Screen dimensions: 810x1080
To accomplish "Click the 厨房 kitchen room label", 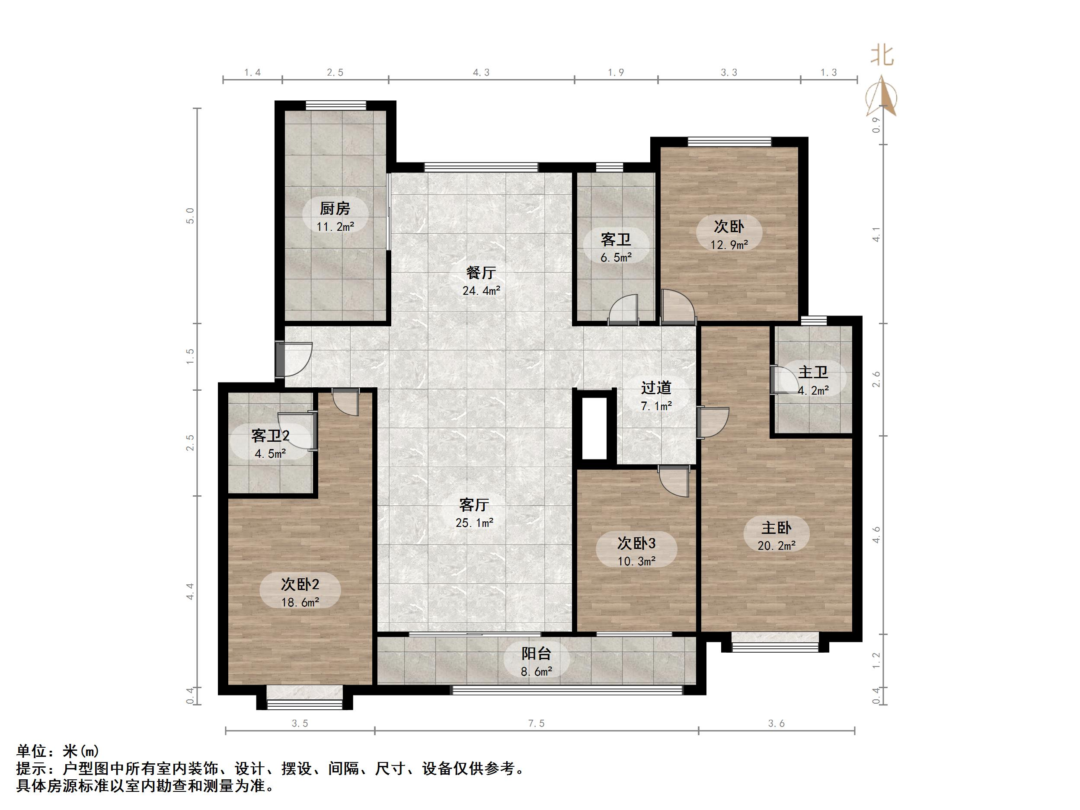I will (335, 208).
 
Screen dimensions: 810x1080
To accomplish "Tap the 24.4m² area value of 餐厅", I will (481, 291).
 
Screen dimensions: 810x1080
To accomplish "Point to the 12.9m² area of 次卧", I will (729, 245).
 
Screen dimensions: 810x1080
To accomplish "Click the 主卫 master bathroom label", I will (813, 373).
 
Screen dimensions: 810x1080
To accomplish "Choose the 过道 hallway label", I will (656, 388).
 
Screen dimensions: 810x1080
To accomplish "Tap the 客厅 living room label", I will (474, 504).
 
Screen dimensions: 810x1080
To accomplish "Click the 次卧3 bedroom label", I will (636, 543).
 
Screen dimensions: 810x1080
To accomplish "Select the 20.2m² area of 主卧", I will (776, 546).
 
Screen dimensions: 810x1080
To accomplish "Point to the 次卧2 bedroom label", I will (300, 584).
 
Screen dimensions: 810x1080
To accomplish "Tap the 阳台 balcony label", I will (536, 653).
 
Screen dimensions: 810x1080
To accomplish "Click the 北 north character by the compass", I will (882, 56).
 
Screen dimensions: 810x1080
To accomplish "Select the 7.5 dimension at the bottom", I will (536, 724).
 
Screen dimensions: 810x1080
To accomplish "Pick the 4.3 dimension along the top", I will (481, 73).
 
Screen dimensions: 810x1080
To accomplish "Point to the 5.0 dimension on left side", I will (190, 215).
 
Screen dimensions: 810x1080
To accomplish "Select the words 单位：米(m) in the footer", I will (58, 750).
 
